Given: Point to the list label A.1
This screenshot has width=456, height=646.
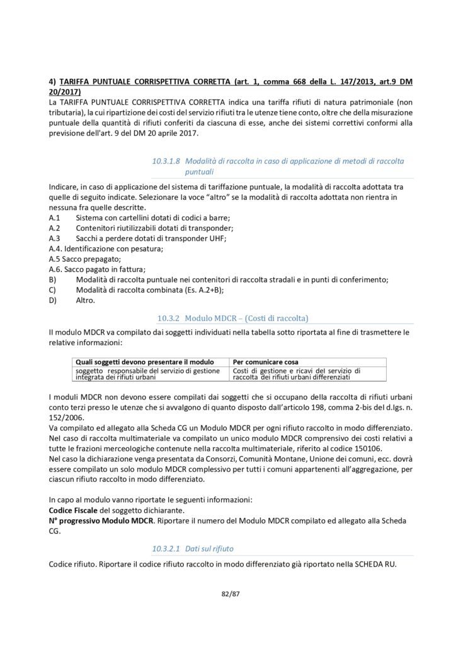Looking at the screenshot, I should [x=54, y=218].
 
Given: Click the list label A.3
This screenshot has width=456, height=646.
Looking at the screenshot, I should [x=54, y=238].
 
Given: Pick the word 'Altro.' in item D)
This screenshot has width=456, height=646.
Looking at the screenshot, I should [x=85, y=300].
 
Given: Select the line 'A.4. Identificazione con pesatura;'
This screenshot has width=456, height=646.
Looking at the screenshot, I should [x=105, y=249].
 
